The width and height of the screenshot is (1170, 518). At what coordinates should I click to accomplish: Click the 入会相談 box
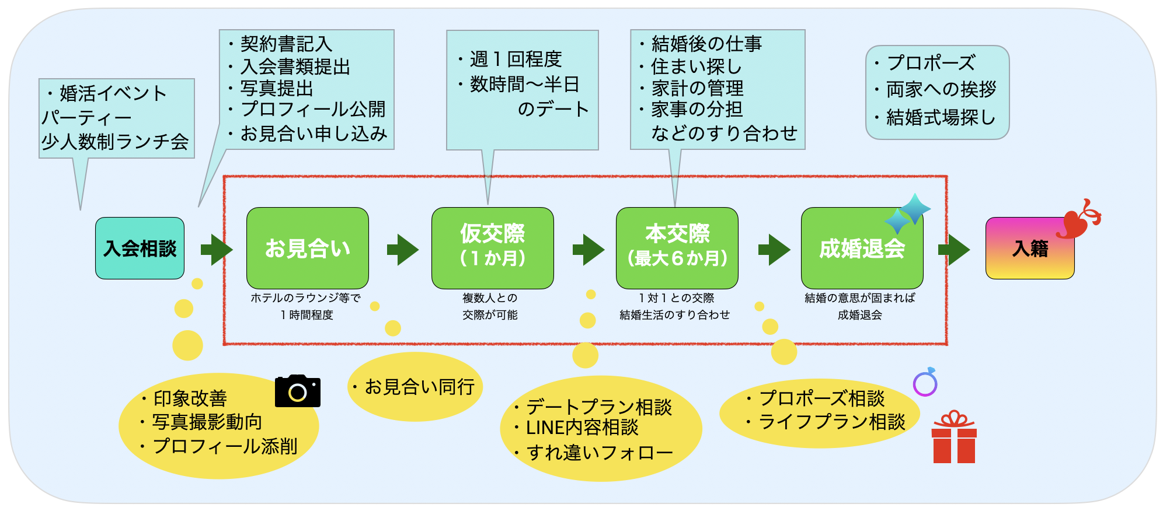140,249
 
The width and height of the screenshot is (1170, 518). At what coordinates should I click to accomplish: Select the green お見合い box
307,249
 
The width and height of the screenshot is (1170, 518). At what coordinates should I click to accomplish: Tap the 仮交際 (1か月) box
492,247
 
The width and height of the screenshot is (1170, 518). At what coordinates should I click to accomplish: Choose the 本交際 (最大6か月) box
677,247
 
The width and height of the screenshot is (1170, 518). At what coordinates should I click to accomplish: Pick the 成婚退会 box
861,249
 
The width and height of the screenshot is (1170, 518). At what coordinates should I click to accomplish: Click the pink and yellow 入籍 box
1029,249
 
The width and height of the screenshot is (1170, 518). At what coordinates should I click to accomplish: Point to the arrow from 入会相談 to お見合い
216,250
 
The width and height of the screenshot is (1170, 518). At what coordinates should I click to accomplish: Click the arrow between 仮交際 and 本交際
588,250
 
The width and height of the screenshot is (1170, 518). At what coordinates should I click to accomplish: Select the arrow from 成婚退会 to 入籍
953,250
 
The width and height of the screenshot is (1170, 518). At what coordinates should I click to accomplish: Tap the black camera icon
297,391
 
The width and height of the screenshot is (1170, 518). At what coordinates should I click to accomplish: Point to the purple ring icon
925,383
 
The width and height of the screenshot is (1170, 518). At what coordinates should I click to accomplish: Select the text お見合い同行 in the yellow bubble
419,387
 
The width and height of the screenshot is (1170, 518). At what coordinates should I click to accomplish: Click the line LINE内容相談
582,428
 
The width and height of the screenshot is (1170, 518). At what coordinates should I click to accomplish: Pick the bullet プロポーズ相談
821,398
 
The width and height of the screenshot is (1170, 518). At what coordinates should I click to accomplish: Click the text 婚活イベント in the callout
113,93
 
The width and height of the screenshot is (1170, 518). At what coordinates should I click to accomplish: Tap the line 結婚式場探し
940,118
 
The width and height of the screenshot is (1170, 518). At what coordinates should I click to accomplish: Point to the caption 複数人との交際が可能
490,306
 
